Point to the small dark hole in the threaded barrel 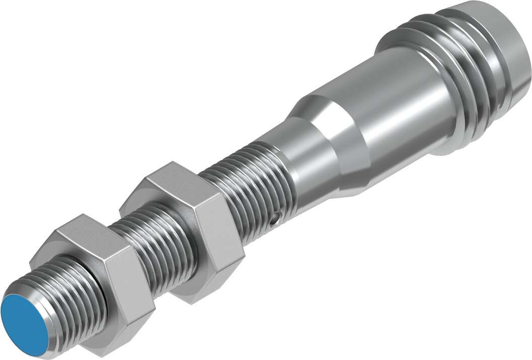(x=274, y=219)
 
